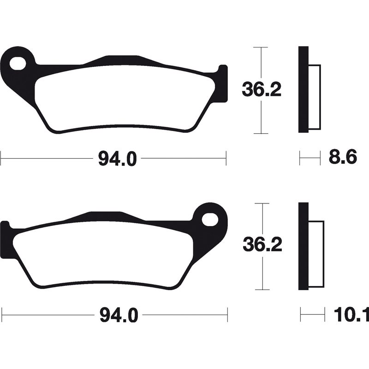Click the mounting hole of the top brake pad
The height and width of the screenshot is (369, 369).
(18, 62)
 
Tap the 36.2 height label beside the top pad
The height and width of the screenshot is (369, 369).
(262, 90)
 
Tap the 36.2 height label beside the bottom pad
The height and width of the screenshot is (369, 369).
(262, 245)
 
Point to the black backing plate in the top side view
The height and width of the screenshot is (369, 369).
(303, 90)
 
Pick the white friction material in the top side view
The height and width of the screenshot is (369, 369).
(314, 97)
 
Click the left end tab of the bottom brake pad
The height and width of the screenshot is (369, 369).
(5, 238)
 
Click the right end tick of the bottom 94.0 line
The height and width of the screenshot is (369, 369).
(227, 315)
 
